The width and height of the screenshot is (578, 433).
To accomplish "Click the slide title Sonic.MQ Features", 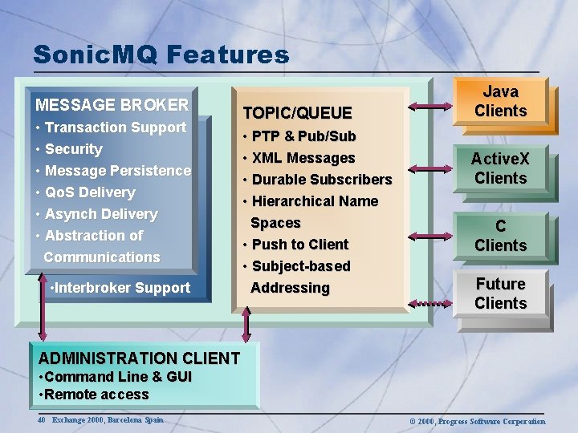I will (161, 55).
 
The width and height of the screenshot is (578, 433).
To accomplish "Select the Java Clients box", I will (500, 102).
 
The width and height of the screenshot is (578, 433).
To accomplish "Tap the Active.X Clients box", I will (500, 168).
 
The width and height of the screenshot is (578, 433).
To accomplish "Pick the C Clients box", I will (500, 236).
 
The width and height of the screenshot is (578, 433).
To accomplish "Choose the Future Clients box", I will (500, 293).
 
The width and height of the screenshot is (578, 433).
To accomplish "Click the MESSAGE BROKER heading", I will (112, 105).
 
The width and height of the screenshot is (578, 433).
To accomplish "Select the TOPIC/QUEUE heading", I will (298, 113).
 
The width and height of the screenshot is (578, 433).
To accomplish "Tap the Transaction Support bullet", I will (115, 127).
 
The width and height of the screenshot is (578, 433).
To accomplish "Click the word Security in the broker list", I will (74, 149).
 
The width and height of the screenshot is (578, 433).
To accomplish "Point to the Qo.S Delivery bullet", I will (90, 192).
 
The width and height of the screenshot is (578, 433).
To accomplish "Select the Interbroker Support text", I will (120, 288).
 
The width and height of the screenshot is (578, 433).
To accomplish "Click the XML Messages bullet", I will (303, 158).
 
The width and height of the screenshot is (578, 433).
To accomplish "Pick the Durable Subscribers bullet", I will (321, 180).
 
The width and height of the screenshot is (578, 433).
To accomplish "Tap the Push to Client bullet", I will (299, 245).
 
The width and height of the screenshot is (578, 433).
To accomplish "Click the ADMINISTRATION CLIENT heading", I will (139, 358).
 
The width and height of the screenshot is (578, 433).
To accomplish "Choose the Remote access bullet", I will (96, 395).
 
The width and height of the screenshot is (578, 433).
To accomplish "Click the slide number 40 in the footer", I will (42, 420).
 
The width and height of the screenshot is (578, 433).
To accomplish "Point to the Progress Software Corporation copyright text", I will (477, 421).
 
